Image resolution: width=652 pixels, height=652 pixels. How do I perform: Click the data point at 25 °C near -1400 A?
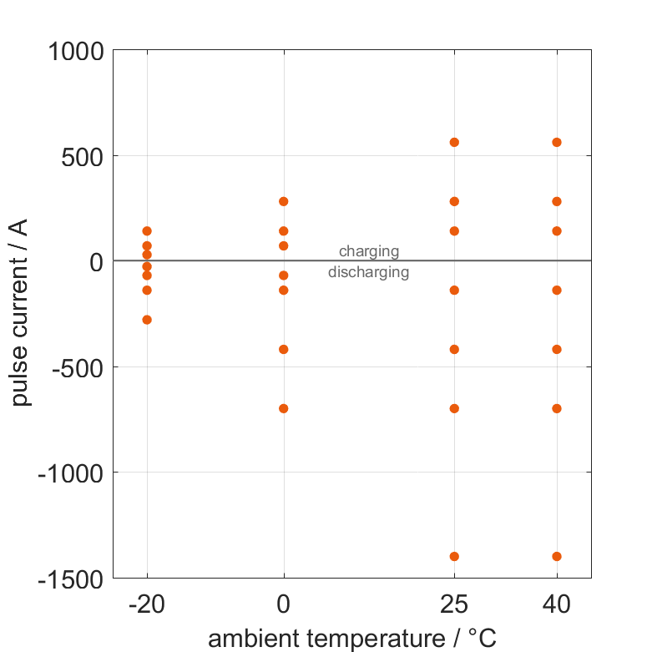click(x=455, y=556)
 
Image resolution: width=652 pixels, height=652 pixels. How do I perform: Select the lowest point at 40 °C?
click(x=557, y=556)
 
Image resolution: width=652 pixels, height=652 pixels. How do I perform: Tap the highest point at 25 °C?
click(x=455, y=142)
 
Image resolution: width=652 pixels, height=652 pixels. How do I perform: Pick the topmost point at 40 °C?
click(x=557, y=142)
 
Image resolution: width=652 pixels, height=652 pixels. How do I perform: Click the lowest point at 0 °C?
click(x=284, y=408)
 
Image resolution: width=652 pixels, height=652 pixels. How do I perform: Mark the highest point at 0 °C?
click(x=284, y=201)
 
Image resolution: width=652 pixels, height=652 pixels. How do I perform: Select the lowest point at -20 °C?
click(x=147, y=320)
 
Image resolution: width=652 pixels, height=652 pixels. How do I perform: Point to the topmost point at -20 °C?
click(x=147, y=230)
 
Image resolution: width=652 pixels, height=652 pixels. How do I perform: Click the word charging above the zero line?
click(x=369, y=251)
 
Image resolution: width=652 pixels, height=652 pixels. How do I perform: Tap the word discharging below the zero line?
click(x=369, y=272)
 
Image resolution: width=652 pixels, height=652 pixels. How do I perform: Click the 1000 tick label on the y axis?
click(x=74, y=52)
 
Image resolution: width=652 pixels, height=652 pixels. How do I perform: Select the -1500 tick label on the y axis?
click(x=69, y=579)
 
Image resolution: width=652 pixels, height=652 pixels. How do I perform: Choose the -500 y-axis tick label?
click(x=78, y=367)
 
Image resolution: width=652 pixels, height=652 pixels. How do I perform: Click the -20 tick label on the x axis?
click(x=147, y=604)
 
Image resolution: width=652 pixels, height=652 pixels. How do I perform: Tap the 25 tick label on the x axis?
click(x=455, y=604)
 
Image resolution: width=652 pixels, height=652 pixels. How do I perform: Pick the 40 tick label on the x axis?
click(x=557, y=604)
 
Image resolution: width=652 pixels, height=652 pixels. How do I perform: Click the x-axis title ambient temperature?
click(x=352, y=639)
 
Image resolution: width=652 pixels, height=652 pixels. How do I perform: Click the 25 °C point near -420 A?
click(x=455, y=349)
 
